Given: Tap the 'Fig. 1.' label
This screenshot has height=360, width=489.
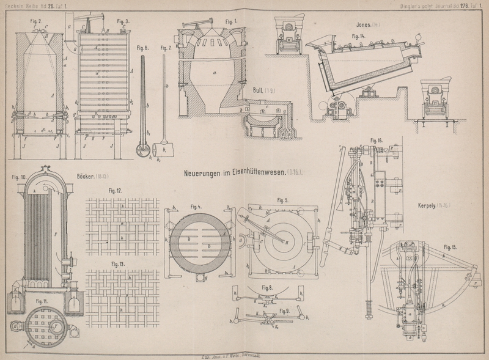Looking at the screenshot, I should [232, 21].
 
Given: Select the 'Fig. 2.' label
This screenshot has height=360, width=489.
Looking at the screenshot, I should [37, 21].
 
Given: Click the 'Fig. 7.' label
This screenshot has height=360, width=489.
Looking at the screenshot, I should [166, 48].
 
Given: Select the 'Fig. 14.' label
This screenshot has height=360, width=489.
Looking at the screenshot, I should [358, 36].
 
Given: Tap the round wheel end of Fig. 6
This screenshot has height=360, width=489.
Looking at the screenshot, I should [143, 149].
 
